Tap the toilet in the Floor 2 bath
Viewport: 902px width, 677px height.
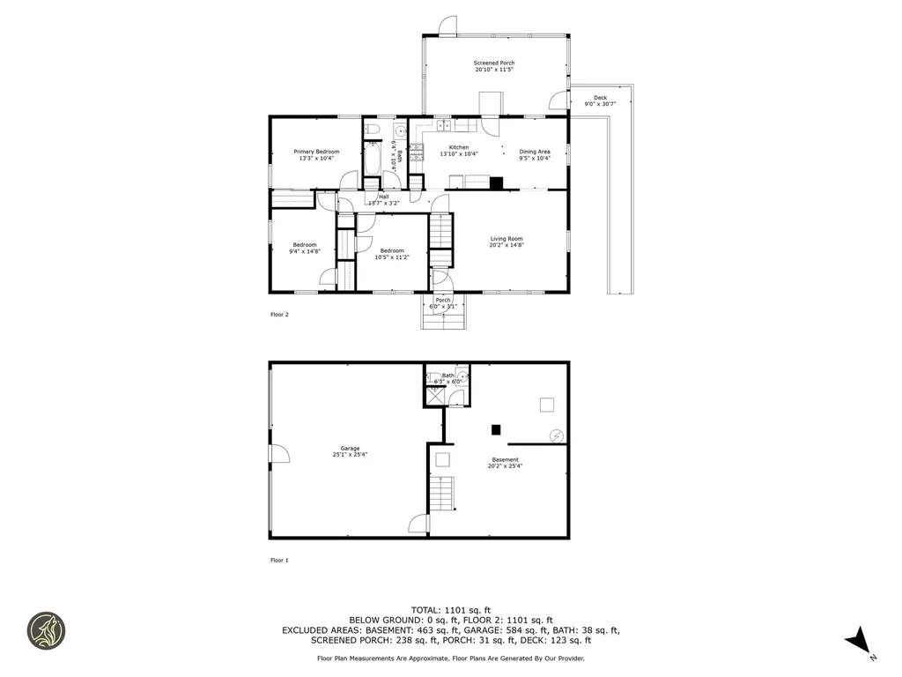[x=373, y=131]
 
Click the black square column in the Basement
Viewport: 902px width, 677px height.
[x=496, y=429]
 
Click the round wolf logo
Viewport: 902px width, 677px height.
[x=45, y=631]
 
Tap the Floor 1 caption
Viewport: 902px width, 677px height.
[x=279, y=560]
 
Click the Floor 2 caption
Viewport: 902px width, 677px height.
[x=279, y=314]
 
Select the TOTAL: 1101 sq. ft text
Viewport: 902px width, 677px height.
[x=451, y=610]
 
